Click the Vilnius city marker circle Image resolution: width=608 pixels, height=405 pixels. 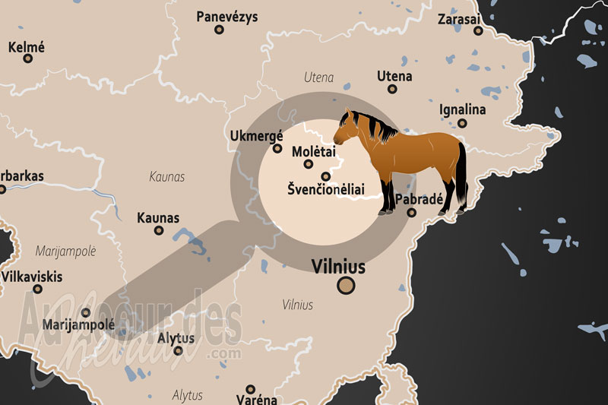[346, 285]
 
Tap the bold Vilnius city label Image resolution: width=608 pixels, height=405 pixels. [338, 267]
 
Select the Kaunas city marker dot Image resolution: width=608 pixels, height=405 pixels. [159, 230]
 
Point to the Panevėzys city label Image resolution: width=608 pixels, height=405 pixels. [226, 16]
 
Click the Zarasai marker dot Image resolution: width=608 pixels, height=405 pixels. [478, 31]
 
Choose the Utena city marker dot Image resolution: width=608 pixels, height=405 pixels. [392, 89]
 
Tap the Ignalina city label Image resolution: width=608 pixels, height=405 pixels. [462, 109]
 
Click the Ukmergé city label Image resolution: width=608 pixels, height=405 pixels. [256, 135]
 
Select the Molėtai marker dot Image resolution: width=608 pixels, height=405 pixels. [309, 164]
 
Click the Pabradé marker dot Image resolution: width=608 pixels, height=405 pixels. [411, 213]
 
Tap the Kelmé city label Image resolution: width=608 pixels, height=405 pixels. [27, 47]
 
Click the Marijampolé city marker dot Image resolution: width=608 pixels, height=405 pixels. [86, 312]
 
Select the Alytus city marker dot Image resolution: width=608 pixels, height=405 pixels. [178, 350]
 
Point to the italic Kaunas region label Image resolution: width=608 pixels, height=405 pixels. [167, 177]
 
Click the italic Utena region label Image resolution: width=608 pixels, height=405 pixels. [318, 78]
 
